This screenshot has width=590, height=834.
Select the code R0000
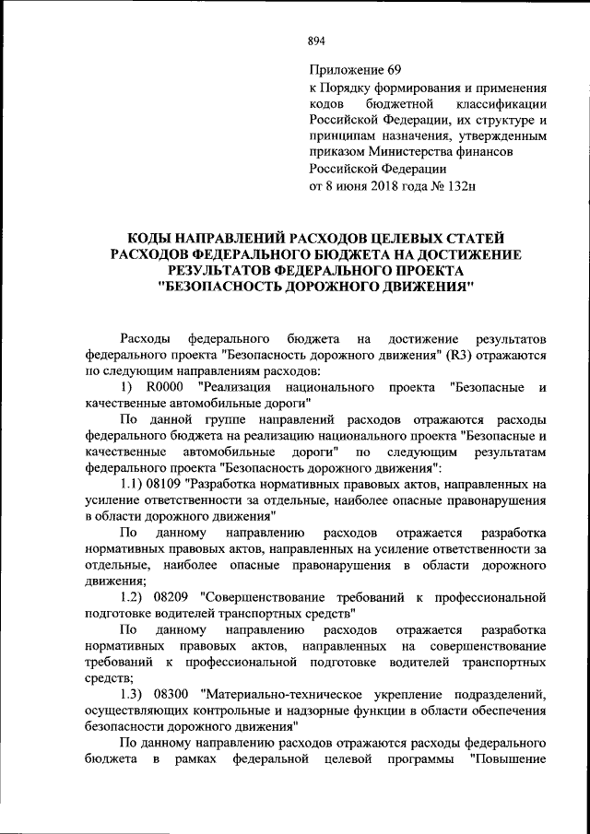coord(167,387)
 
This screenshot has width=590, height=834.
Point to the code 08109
coord(165,484)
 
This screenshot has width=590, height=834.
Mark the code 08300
coord(171,692)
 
